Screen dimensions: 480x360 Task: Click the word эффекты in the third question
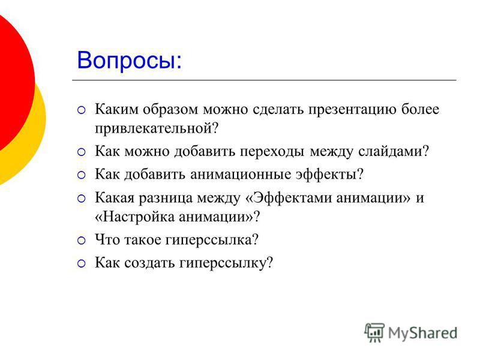point(326,175)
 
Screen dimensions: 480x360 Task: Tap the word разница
point(166,198)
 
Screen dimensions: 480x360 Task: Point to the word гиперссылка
point(209,240)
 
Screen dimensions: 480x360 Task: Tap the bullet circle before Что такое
point(82,241)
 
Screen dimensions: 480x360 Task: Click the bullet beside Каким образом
point(82,110)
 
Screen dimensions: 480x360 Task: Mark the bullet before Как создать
point(82,263)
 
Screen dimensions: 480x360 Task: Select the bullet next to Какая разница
point(82,199)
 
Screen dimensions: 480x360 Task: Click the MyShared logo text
point(422,334)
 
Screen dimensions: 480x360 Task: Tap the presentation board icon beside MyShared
point(374,332)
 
